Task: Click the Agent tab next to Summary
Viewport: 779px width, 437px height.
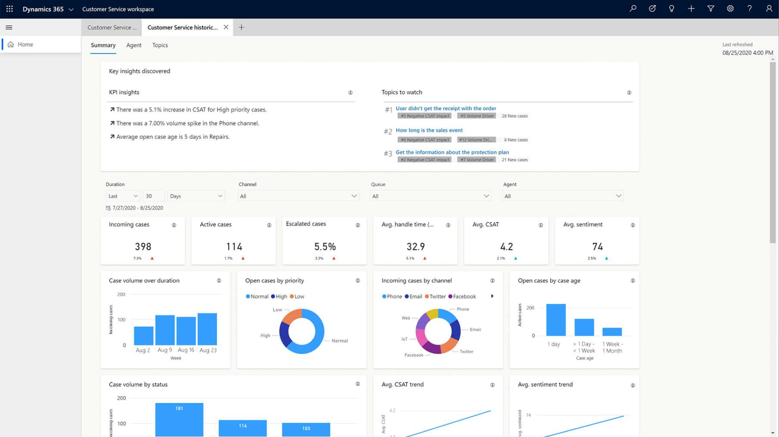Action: point(134,45)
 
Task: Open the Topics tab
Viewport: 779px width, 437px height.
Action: point(160,45)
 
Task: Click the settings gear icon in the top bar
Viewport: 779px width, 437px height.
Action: point(730,9)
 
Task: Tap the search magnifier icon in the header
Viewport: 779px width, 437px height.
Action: point(633,9)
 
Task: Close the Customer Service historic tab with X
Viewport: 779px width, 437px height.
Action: point(226,27)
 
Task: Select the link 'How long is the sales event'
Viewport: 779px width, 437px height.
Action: point(429,130)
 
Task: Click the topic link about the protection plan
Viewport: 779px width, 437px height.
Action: point(452,152)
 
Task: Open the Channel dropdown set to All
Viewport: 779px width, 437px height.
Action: point(298,196)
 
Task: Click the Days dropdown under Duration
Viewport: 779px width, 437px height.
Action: point(196,196)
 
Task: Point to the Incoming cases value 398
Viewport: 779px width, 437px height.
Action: point(143,247)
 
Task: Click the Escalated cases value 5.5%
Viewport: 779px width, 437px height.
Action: point(325,247)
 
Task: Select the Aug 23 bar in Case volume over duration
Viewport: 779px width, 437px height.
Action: point(207,329)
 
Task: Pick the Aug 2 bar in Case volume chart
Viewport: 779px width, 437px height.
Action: point(143,336)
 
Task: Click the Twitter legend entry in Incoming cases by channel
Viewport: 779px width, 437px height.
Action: point(435,297)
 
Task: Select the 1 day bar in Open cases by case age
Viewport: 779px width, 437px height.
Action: point(556,320)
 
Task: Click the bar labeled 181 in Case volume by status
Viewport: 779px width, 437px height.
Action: point(179,419)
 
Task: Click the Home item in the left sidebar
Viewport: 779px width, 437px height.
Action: point(25,44)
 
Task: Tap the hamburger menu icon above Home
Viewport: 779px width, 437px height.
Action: point(9,27)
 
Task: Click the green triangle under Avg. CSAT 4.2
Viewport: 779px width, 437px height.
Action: point(516,258)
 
